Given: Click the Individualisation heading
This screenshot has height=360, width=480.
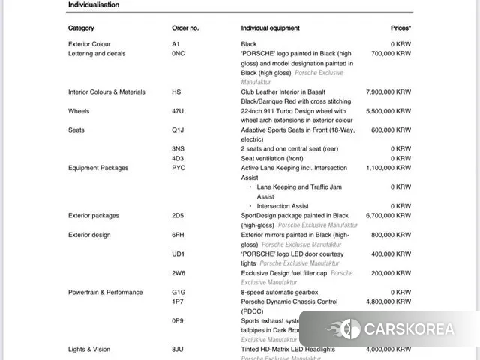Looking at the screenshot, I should [93, 5].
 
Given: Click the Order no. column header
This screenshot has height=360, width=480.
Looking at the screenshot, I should [185, 28].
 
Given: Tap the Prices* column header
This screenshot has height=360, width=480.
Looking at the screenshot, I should [400, 28].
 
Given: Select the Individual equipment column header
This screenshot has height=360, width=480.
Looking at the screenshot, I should [270, 28].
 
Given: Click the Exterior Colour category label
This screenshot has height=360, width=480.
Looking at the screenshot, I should [89, 44].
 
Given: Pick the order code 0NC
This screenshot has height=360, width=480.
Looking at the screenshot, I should [178, 54].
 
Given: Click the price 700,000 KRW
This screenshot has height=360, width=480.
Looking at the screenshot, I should [391, 54].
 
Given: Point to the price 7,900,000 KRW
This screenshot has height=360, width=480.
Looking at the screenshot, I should [388, 92].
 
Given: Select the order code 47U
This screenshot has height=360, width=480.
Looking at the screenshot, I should [178, 111].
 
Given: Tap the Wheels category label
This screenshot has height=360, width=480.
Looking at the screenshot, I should [79, 111].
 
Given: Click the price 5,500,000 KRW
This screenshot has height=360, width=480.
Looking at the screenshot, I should [388, 111].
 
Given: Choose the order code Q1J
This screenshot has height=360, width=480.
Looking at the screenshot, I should [178, 130].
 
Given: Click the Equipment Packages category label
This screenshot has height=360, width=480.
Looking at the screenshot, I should [98, 169].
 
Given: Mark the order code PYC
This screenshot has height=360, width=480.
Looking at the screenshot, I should [178, 169].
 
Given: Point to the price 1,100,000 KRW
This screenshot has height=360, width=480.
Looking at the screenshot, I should [388, 169].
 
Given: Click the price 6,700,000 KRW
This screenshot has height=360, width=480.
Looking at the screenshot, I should [388, 216].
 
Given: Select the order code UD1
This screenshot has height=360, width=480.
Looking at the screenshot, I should [178, 254].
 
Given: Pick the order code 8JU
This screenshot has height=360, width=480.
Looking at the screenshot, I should [178, 349].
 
